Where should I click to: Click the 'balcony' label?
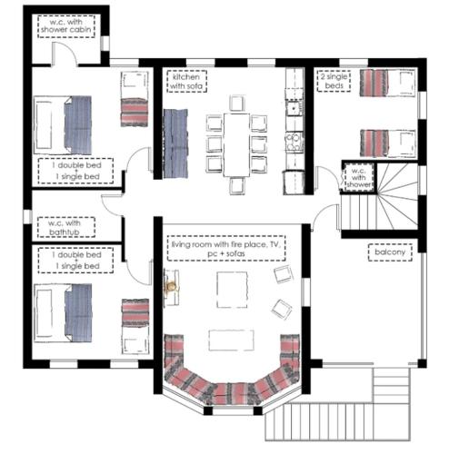390,252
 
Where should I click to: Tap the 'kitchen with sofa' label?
186,81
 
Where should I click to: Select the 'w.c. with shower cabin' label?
66,26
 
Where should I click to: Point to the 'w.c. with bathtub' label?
66,227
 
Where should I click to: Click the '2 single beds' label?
334,81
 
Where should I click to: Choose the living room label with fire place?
226,248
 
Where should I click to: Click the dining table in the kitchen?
236,144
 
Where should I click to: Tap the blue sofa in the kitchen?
175,143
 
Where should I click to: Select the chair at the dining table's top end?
237,104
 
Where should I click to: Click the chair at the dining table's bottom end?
237,185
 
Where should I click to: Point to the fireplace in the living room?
172,287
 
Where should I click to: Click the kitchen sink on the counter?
294,108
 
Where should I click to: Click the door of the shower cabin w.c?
65,54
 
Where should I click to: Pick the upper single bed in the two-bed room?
387,83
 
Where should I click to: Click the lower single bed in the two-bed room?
387,143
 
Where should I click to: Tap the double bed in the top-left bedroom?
63,125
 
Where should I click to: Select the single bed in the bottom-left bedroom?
135,326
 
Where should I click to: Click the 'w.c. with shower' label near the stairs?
358,177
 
